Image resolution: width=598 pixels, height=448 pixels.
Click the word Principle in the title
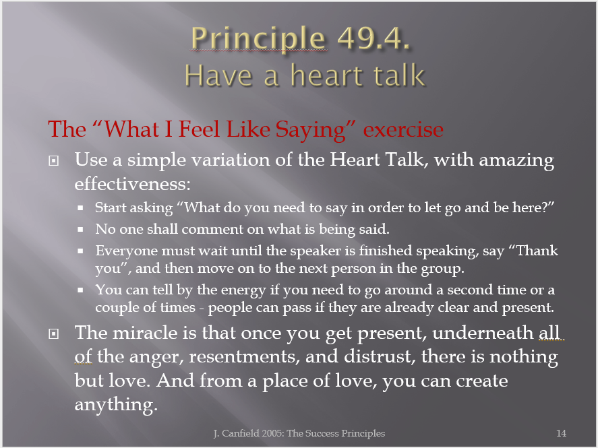(x=258, y=39)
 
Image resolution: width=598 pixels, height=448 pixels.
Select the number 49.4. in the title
(x=373, y=38)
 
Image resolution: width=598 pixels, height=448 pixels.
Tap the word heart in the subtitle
(x=327, y=75)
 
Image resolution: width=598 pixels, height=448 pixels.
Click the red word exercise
(x=403, y=129)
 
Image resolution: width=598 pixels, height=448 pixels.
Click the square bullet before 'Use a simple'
(x=54, y=161)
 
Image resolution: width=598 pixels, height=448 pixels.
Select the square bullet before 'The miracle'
(x=54, y=334)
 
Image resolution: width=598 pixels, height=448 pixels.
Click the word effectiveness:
(x=132, y=184)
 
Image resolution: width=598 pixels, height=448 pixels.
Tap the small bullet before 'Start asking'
(x=80, y=208)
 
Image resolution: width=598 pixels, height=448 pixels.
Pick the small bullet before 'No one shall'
(x=80, y=229)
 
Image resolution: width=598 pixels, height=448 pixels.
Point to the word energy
(x=243, y=290)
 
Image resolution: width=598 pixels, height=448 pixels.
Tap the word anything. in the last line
(x=116, y=405)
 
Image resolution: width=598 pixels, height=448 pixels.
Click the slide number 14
(x=561, y=433)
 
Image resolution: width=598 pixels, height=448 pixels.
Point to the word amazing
(x=517, y=160)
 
